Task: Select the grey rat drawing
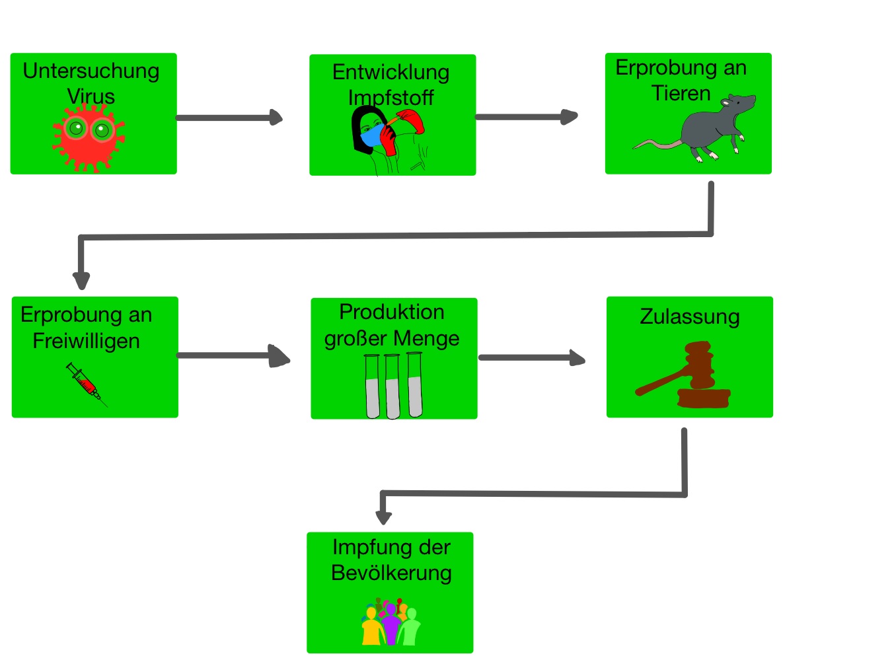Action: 694,128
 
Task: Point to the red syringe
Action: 87,384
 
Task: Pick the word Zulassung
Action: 690,317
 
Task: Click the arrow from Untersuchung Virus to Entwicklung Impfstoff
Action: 229,118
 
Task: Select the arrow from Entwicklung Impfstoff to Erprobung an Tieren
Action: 527,117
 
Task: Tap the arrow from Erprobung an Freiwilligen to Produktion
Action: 233,355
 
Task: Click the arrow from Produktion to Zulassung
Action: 532,357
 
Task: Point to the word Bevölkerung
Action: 391,573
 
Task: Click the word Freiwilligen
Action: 87,341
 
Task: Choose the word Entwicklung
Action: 391,73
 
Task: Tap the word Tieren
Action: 681,94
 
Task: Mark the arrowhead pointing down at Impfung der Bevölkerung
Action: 383,517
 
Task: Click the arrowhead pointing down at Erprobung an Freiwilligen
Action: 81,281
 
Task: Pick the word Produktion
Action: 392,312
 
